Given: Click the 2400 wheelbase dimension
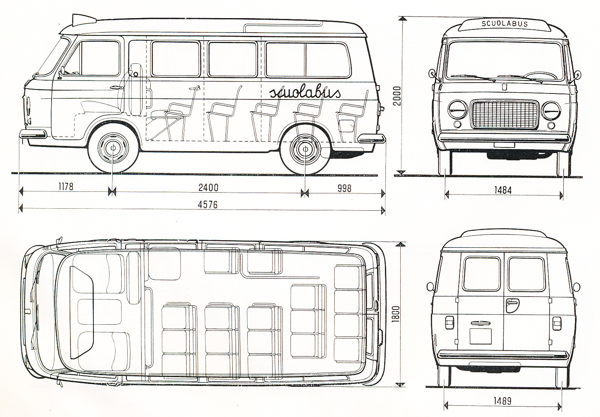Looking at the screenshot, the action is [209, 187].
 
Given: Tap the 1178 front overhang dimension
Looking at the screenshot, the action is [66, 187].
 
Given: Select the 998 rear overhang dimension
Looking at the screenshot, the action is [344, 189].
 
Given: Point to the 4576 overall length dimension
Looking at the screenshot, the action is [208, 205].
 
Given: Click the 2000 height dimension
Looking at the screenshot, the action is [397, 95].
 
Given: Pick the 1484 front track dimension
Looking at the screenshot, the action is [503, 190].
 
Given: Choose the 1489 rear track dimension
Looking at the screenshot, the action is [503, 401].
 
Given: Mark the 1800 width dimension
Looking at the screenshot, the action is [396, 314].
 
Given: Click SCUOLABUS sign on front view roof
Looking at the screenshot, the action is [505, 24].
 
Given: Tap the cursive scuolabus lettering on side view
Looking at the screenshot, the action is [305, 92].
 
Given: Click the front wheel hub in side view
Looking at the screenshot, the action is [113, 148].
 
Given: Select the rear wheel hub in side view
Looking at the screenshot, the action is [305, 149].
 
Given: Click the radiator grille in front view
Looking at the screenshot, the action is [505, 114].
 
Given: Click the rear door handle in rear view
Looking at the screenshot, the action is [512, 305].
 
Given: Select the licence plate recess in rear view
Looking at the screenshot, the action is [480, 336].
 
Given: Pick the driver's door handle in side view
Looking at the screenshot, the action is [117, 87].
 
